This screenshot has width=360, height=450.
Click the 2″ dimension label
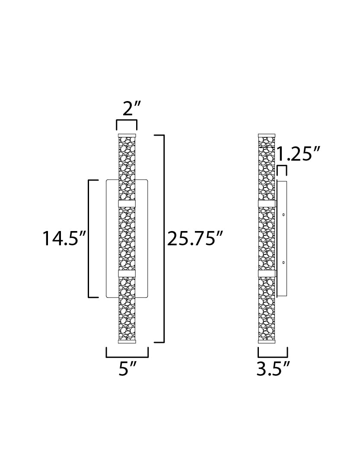(x=131, y=108)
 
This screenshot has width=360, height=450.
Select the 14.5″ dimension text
(x=64, y=238)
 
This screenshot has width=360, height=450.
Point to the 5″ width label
(x=127, y=368)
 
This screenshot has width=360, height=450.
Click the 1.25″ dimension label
(x=298, y=154)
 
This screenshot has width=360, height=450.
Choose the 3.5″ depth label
(x=273, y=368)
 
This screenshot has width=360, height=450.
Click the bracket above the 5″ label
(x=127, y=357)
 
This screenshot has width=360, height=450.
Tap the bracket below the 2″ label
(x=127, y=120)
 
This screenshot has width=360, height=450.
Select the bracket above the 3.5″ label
(x=273, y=357)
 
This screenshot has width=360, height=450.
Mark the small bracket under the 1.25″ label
(x=282, y=166)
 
